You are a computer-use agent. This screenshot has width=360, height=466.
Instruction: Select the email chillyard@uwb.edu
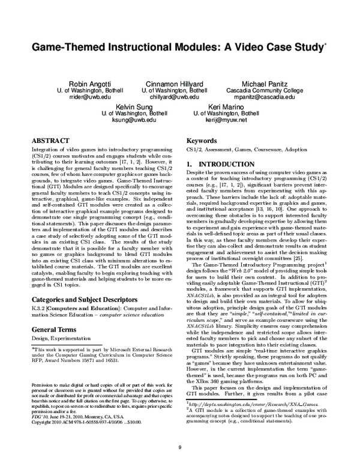(x=171, y=97)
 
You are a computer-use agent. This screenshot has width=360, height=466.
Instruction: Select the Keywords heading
(x=203, y=138)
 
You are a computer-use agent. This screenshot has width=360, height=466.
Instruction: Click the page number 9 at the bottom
(x=179, y=446)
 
